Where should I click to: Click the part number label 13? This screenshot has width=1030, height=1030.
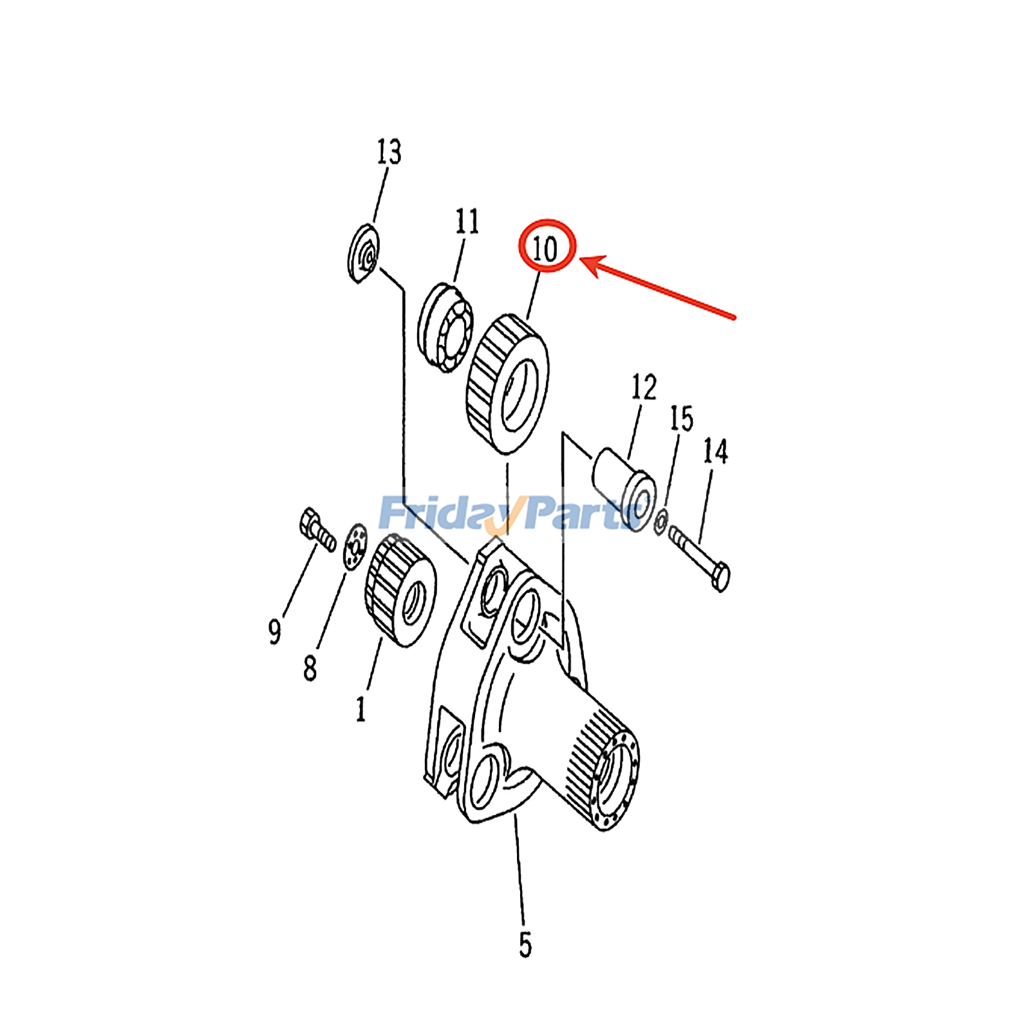coord(389,153)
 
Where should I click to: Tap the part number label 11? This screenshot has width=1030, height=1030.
coord(467,222)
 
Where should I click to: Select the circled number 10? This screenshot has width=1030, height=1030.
coord(546,247)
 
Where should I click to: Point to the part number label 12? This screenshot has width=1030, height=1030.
coord(644,388)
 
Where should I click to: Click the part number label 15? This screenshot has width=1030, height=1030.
coord(682,419)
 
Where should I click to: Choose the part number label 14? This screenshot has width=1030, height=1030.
coord(715,452)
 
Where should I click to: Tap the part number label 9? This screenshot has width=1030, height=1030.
coord(275,632)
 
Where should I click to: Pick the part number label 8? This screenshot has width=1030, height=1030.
coord(310,669)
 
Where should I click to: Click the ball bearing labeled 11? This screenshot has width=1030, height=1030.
coord(445,328)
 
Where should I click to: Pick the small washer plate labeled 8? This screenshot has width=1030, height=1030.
coord(355,547)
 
